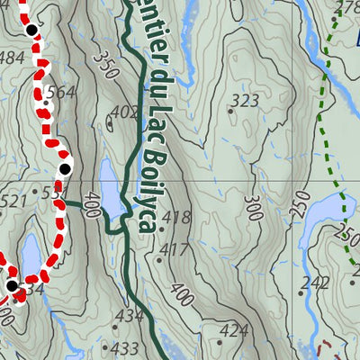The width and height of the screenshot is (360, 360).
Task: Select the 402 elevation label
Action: click(x=125, y=112)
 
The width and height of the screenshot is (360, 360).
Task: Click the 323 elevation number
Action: click(x=245, y=100)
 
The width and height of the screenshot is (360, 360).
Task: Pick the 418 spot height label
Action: click(x=177, y=217)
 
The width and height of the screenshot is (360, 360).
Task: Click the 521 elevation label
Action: click(x=13, y=202)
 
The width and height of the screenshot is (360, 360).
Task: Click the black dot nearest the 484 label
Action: click(x=31, y=30)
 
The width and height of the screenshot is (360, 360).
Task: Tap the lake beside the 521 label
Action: click(x=30, y=253)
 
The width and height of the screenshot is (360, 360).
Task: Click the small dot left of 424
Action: click(x=220, y=341)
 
